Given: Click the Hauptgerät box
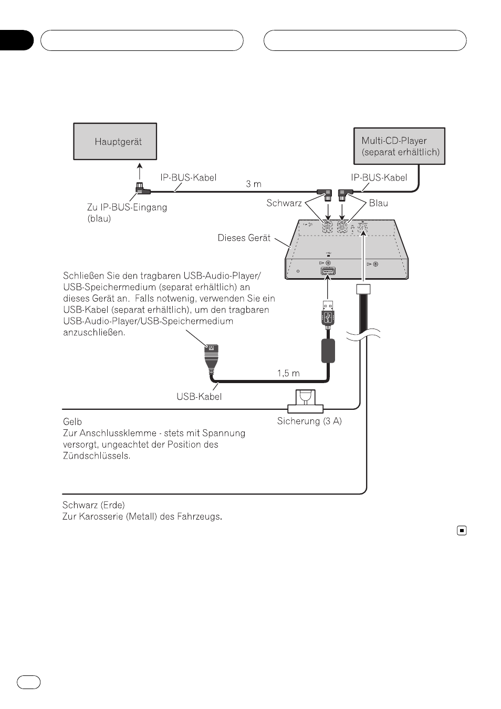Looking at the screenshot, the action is (115, 142).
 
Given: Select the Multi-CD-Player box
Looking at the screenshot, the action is (399, 146).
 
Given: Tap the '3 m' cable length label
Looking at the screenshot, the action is (254, 184).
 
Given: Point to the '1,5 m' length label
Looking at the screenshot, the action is (288, 374).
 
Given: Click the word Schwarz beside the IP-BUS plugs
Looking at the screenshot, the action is (284, 203).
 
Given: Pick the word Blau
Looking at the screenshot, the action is (379, 203).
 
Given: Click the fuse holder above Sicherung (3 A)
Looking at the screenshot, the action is (305, 401).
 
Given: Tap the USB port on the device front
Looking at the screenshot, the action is (328, 271).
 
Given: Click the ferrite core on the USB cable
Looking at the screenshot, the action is (328, 351).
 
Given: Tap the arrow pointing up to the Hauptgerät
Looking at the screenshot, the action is (140, 171).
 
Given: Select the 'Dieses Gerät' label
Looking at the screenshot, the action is (244, 238).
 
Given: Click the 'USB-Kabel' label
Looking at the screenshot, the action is (199, 397).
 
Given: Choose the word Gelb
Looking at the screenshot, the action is (72, 421).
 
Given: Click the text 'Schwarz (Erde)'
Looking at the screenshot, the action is (93, 504).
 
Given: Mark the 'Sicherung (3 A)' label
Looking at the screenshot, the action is (309, 421).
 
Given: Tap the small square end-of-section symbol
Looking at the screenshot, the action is (462, 530).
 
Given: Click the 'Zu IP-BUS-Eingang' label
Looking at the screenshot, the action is (127, 207).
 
